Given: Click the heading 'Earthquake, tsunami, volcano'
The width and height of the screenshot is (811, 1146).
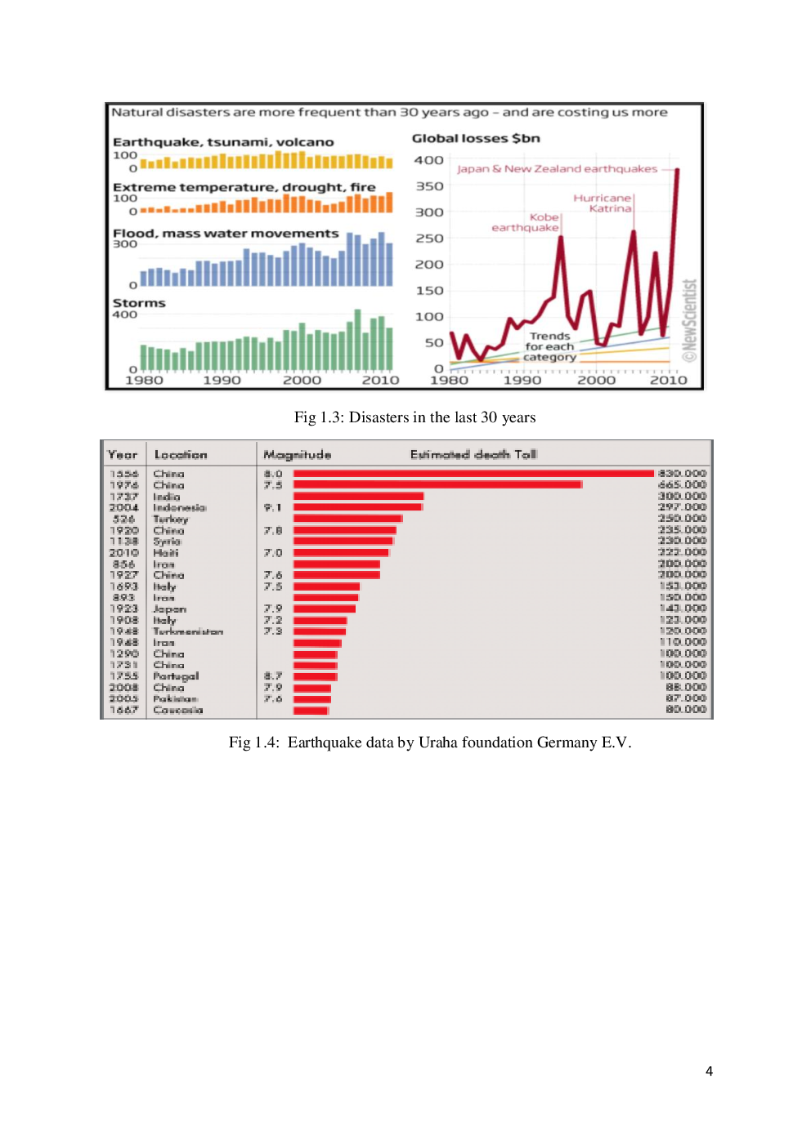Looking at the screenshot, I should pyautogui.click(x=223, y=142).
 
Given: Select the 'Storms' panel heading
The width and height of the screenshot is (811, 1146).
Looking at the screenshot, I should pyautogui.click(x=139, y=303).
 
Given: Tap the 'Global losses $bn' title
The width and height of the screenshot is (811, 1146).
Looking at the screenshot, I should pyautogui.click(x=476, y=139).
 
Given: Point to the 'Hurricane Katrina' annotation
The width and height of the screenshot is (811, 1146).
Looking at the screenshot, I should pyautogui.click(x=603, y=203).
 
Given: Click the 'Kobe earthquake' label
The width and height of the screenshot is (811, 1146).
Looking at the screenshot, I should pyautogui.click(x=526, y=222).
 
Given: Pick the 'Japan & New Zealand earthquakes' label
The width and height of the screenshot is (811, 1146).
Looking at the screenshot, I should pyautogui.click(x=557, y=169).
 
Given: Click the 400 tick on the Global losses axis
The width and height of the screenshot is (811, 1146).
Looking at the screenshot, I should pyautogui.click(x=428, y=161).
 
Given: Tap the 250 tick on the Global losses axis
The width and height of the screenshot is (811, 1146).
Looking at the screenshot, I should pyautogui.click(x=428, y=239).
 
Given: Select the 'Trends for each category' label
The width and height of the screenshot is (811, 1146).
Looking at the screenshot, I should pyautogui.click(x=549, y=346).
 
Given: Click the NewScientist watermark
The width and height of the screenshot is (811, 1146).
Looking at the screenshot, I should pyautogui.click(x=690, y=320).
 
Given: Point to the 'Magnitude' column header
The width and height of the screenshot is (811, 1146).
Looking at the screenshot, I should pyautogui.click(x=298, y=455).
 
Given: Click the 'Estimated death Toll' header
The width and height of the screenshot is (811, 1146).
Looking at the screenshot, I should pyautogui.click(x=473, y=455).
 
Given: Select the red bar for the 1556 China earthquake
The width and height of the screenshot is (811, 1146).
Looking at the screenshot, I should pyautogui.click(x=473, y=474).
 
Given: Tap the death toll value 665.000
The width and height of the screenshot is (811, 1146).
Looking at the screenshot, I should pyautogui.click(x=682, y=485).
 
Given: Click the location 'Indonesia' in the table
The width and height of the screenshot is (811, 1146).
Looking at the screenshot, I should pyautogui.click(x=180, y=508).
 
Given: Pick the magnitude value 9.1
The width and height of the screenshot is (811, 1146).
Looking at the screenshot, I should pyautogui.click(x=273, y=508).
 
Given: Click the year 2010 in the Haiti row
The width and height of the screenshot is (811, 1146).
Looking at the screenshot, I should pyautogui.click(x=124, y=553).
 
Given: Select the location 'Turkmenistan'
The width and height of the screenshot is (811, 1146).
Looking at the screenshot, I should pyautogui.click(x=188, y=631).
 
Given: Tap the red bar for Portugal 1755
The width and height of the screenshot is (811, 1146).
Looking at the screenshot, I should pyautogui.click(x=316, y=676).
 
